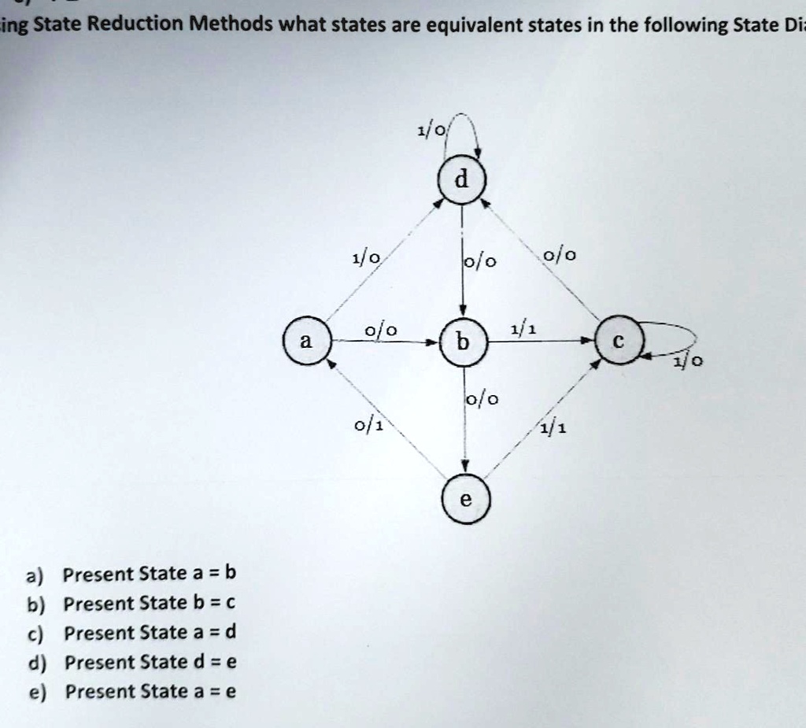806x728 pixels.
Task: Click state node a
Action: coord(307,341)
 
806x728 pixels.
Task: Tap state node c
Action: coord(619,340)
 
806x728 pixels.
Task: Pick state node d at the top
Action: coord(461,179)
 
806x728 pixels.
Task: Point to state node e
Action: coord(466,499)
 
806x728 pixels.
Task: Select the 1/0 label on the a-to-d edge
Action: coord(366,257)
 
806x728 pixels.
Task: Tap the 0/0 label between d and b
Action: coord(480,262)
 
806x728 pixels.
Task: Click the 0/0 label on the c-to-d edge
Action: coord(560,254)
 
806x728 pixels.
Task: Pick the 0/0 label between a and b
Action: coord(381,330)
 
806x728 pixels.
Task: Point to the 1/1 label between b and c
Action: coord(523,329)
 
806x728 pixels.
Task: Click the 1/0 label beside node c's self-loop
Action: coord(688,362)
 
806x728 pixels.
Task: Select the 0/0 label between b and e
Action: coord(482,399)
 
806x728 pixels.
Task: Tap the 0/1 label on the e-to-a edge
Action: coord(368,426)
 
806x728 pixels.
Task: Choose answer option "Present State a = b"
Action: coord(149,573)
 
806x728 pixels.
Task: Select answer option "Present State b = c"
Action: coord(149,603)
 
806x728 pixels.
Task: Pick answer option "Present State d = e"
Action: coord(150,662)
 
